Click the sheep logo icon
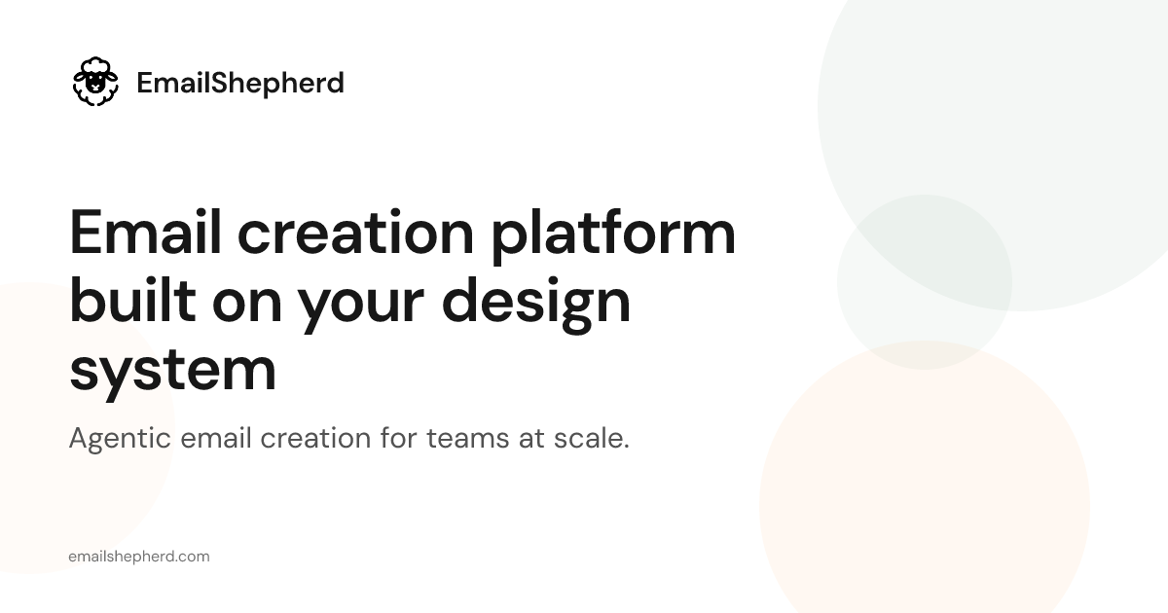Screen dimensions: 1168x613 95,82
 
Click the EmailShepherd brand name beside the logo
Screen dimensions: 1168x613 240,83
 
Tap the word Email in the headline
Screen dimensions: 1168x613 145,232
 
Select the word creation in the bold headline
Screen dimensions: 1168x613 355,233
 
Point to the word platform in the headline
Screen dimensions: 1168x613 613,236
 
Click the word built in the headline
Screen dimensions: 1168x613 132,301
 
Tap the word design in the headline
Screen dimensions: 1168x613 536,305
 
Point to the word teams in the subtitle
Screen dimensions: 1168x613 468,438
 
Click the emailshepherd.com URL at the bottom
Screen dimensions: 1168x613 139,557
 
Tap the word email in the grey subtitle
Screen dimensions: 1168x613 216,437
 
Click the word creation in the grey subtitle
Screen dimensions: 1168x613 315,437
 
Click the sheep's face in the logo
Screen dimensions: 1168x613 95,82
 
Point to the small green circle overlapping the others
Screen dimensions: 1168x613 925,282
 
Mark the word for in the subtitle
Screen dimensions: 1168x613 398,437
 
